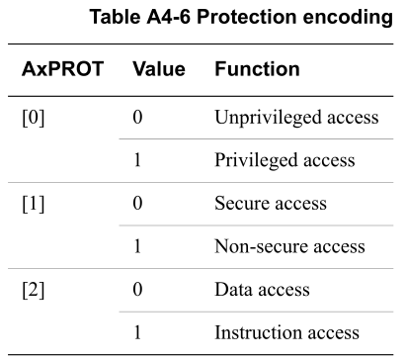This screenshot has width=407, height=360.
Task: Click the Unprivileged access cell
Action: [x=295, y=118]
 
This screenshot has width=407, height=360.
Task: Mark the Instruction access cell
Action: [x=286, y=332]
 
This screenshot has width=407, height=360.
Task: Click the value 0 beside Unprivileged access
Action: [x=137, y=118]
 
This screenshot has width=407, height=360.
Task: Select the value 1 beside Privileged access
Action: [x=137, y=160]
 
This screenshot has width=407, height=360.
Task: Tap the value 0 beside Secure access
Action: [x=137, y=204]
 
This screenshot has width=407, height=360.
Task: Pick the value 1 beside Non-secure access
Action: [x=137, y=246]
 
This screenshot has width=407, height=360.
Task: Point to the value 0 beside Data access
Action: [x=137, y=290]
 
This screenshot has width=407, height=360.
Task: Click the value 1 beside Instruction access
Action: [x=137, y=332]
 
